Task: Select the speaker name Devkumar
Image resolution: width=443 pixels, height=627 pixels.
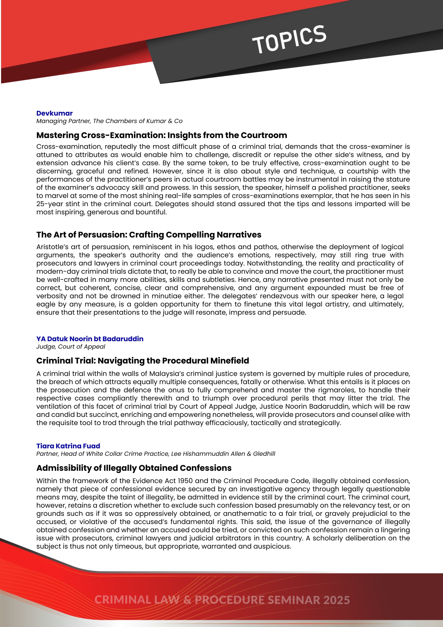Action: click(x=54, y=113)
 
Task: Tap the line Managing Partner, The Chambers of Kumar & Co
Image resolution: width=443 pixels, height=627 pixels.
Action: click(x=109, y=121)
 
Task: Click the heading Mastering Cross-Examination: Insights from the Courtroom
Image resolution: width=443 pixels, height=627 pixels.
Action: click(x=161, y=135)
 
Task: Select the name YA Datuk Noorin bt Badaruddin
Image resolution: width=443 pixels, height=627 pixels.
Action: click(x=90, y=339)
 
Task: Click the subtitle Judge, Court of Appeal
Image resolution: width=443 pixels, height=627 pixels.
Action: click(x=71, y=347)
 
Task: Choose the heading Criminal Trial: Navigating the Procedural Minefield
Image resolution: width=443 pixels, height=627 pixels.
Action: click(x=143, y=361)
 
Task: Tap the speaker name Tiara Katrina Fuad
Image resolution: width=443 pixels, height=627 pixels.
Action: click(x=68, y=446)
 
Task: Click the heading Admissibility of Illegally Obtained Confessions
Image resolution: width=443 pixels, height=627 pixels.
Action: click(x=134, y=468)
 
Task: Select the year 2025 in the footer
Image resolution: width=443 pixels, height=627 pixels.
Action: click(x=336, y=600)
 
